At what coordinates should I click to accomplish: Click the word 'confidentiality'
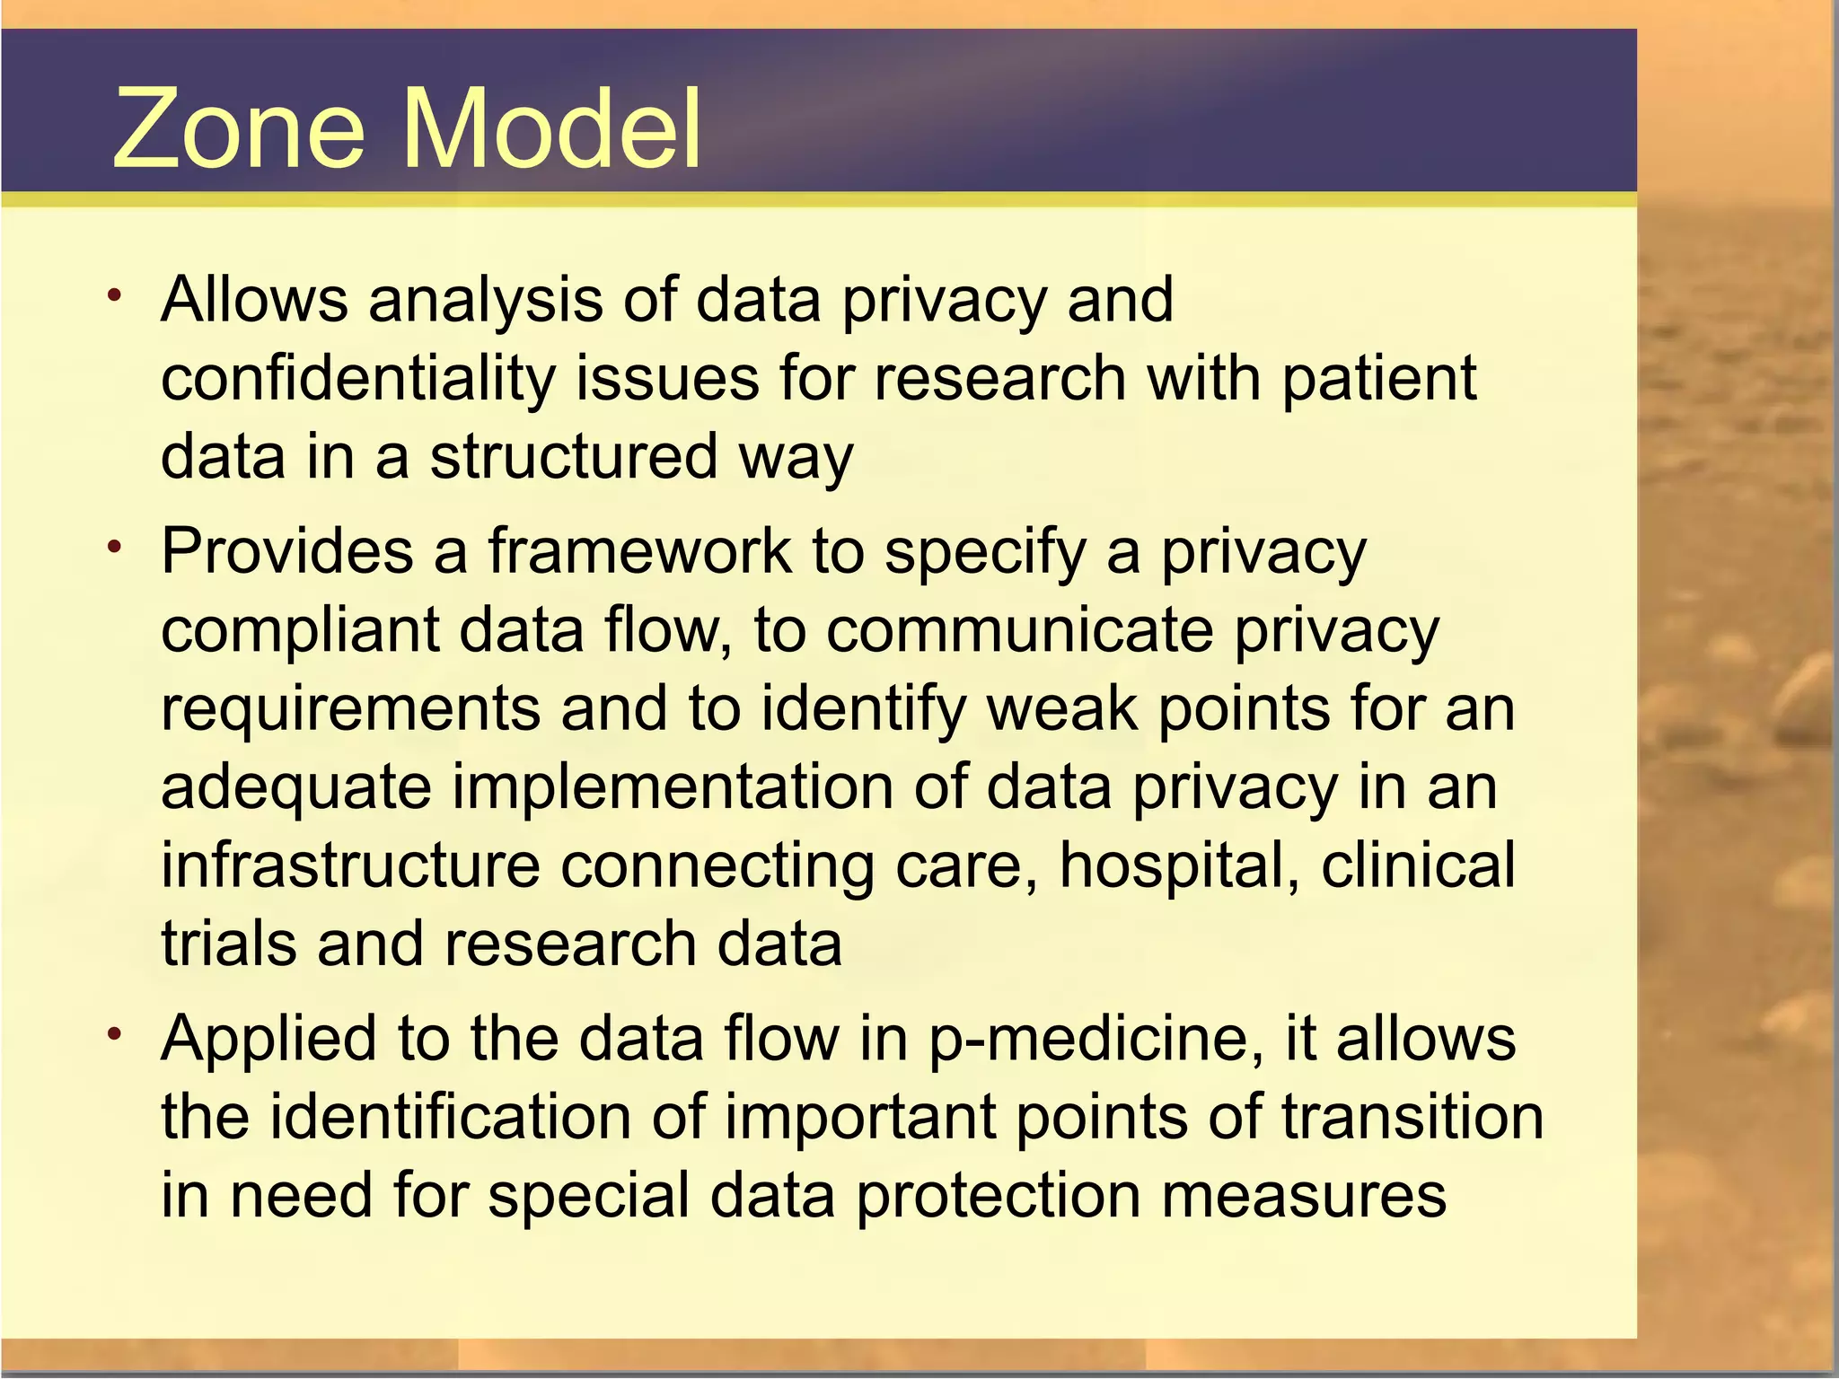point(357,378)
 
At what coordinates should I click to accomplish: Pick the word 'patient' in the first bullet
point(1378,378)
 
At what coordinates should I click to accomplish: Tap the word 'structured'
point(573,457)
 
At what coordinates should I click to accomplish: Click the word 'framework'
point(639,551)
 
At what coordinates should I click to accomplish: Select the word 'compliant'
point(300,630)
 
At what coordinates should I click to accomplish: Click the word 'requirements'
point(350,708)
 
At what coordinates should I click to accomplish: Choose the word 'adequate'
point(296,787)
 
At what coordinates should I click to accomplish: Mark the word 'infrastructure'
point(350,865)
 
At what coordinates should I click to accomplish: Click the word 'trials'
point(228,944)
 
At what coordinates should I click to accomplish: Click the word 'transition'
point(1412,1118)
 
